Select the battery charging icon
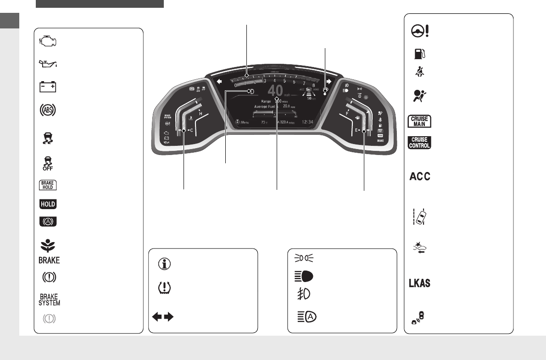[48, 87]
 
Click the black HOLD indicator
[48, 204]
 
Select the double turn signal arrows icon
[163, 317]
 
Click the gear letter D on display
[250, 92]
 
